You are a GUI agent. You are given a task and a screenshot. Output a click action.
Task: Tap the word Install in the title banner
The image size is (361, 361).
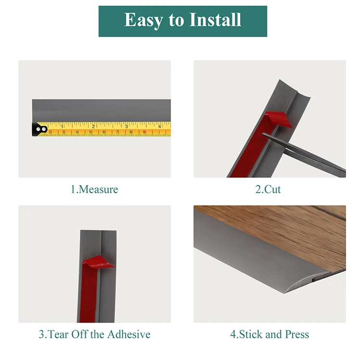215,20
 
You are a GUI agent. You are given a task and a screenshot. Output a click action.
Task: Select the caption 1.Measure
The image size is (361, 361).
94,189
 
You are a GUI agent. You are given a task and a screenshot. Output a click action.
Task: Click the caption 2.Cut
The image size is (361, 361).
268,189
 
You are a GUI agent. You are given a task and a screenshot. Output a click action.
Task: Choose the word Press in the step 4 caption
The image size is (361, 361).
293,334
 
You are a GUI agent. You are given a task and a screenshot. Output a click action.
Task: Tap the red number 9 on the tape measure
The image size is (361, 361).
144,132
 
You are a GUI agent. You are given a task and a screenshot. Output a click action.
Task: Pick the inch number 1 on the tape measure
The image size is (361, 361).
62,126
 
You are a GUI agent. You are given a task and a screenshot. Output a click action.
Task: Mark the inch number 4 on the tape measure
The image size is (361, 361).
159,126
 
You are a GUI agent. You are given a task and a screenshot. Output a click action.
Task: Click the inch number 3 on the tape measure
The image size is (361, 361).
127,126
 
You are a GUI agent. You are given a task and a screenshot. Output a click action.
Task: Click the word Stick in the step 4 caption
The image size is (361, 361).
250,334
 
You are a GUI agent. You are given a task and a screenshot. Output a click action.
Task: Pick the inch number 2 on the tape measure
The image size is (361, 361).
93,126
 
